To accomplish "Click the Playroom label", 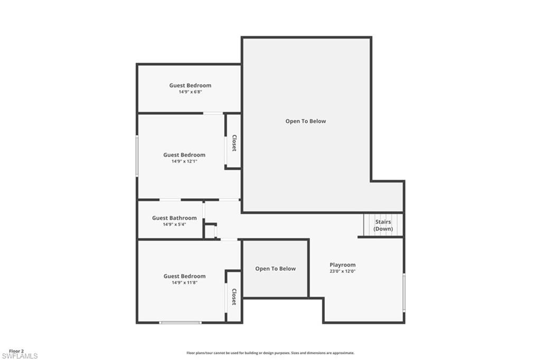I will [342, 265].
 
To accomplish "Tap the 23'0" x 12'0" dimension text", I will [342, 272].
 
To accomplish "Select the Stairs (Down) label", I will [383, 225].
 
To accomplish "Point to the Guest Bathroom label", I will [174, 218].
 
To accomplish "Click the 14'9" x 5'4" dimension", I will [174, 225].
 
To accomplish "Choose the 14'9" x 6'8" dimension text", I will [190, 92].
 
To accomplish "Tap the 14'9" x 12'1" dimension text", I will [184, 162].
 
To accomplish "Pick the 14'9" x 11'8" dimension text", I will [184, 283].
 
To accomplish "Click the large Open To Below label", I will [306, 121].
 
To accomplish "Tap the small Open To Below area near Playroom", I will [275, 269].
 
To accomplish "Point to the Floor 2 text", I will [16, 351].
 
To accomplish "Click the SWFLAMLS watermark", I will [20, 356].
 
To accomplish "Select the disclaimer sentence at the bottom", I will [270, 353].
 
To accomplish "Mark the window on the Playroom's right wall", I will [404, 292].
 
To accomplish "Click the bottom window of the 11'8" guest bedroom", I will [181, 322].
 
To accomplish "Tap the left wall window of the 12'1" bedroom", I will [137, 156].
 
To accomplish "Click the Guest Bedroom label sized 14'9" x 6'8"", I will [190, 85].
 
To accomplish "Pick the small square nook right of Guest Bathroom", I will [210, 232].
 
